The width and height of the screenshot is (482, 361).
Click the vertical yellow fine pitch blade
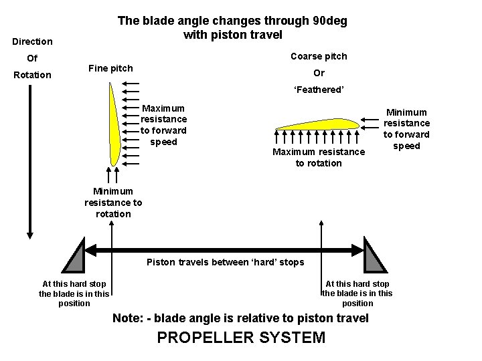[116, 130]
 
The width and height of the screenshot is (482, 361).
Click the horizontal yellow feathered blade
[315, 123]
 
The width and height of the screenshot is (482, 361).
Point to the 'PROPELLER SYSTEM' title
[241, 338]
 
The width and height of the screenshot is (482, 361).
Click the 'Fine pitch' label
[110, 68]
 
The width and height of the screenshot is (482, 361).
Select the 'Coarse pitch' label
[319, 56]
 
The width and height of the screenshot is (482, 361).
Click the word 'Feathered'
[319, 90]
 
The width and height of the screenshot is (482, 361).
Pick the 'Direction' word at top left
[32, 42]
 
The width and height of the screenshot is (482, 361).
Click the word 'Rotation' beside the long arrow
[32, 75]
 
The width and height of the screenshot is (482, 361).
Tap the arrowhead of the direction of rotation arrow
[29, 234]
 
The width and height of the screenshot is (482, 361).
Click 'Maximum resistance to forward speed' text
[163, 124]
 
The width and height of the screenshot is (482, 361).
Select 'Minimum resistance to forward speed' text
[406, 129]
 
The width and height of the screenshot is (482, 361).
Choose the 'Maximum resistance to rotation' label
[319, 158]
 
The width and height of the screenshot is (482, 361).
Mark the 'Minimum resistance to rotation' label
[113, 203]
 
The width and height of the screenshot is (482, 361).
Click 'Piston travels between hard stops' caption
[225, 262]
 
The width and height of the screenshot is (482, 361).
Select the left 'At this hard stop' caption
[74, 284]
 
